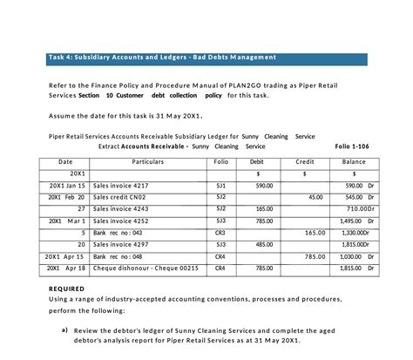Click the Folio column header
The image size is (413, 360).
[x=220, y=162]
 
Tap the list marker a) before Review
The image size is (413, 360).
[x=64, y=330]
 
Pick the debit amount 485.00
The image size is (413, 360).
[x=263, y=246]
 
